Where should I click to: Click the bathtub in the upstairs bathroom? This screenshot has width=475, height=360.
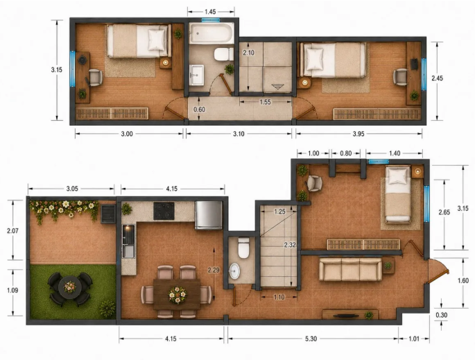pyautogui.click(x=211, y=33)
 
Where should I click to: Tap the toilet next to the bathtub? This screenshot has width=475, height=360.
pyautogui.click(x=223, y=54)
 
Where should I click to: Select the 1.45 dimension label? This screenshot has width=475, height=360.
pyautogui.click(x=210, y=12)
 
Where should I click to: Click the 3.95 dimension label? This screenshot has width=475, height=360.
pyautogui.click(x=359, y=134)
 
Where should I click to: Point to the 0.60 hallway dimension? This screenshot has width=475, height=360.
pyautogui.click(x=199, y=110)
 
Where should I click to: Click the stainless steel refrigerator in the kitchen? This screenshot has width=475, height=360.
pyautogui.click(x=209, y=215)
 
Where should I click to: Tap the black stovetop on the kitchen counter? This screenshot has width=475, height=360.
pyautogui.click(x=164, y=211)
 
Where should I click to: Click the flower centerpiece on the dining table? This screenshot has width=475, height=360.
pyautogui.click(x=178, y=294)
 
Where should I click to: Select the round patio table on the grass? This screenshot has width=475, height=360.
pyautogui.click(x=70, y=287)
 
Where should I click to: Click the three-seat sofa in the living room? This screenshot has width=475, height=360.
pyautogui.click(x=350, y=269)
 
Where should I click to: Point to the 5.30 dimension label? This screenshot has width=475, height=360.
pyautogui.click(x=311, y=338)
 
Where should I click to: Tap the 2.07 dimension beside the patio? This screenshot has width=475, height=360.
pyautogui.click(x=12, y=230)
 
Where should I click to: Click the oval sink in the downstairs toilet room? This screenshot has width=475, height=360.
pyautogui.click(x=234, y=271)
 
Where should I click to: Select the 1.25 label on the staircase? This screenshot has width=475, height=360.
pyautogui.click(x=279, y=211)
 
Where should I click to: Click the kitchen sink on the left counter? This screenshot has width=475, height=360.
pyautogui.click(x=128, y=251)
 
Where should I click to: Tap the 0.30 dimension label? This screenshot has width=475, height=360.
pyautogui.click(x=442, y=315)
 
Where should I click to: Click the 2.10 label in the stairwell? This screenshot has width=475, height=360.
pyautogui.click(x=248, y=53)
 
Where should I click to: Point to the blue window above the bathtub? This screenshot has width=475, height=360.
pyautogui.click(x=211, y=20)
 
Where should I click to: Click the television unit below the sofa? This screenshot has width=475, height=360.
pyautogui.click(x=350, y=314)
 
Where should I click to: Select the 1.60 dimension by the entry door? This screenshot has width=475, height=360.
pyautogui.click(x=463, y=281)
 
